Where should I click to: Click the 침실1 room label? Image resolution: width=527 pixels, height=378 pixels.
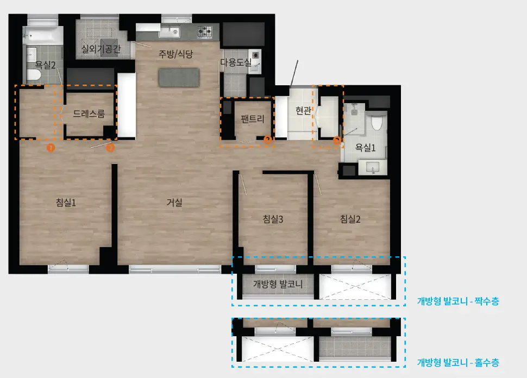[x=66, y=202]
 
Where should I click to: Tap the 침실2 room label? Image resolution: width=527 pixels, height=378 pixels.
[x=350, y=219]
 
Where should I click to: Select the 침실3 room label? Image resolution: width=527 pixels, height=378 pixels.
[x=273, y=219]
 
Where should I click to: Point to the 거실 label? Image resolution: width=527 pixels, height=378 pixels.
[x=174, y=202]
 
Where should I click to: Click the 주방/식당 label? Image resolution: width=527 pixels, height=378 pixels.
[x=176, y=54]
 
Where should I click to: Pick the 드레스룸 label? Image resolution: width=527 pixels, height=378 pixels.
[x=89, y=114]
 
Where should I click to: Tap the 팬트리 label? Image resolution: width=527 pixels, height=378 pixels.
[x=253, y=119]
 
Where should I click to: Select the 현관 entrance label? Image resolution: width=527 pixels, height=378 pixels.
[x=303, y=110]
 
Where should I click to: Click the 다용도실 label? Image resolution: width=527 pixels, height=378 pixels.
[x=236, y=62]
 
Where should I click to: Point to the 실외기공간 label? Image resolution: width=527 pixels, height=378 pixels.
[x=101, y=49]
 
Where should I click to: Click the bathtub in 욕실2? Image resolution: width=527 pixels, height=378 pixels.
[x=43, y=36]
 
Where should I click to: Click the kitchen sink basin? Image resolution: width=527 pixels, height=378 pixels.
[x=170, y=32]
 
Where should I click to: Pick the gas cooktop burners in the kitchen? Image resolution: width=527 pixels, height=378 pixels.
[x=205, y=31]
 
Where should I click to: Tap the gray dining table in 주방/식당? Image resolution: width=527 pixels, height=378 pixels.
[x=179, y=78]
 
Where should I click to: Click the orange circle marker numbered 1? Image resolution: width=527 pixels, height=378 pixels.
[x=51, y=148]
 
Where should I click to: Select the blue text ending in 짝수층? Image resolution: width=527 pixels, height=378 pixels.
[x=458, y=301]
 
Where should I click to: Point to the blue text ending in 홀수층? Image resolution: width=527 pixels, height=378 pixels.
[x=458, y=363]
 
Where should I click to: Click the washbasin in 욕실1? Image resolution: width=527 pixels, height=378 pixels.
[x=372, y=167]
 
